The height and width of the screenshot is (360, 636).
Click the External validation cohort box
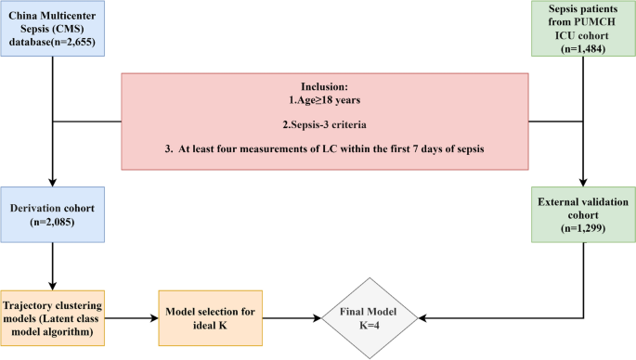tap(583, 212)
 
